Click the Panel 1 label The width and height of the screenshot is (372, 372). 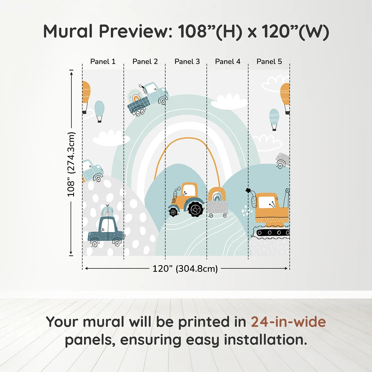pyautogui.click(x=103, y=62)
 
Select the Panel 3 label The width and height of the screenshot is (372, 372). pyautogui.click(x=187, y=62)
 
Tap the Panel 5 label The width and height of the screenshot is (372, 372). pyautogui.click(x=269, y=62)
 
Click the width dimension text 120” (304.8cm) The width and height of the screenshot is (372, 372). pyautogui.click(x=185, y=269)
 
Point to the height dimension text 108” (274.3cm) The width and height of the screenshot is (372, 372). pyautogui.click(x=71, y=164)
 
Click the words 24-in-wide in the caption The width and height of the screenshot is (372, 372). pyautogui.click(x=288, y=322)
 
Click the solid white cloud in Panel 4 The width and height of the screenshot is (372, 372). pyautogui.click(x=229, y=102)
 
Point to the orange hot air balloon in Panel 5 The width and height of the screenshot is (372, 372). pyautogui.click(x=285, y=99)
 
